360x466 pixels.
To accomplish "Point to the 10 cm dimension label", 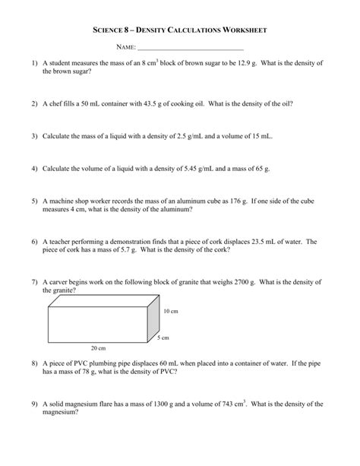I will (172, 311).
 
